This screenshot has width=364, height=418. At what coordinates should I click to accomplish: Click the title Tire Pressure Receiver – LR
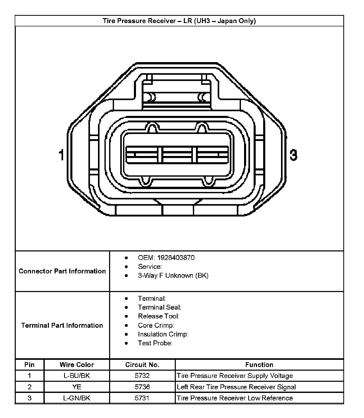(x=179, y=21)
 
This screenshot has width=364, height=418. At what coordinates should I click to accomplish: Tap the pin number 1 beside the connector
(x=61, y=155)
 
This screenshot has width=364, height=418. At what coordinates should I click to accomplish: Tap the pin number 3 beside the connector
(x=293, y=155)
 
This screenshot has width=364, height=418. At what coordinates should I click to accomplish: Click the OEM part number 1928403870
(x=176, y=258)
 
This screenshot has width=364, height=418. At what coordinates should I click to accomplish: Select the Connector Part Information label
(x=62, y=271)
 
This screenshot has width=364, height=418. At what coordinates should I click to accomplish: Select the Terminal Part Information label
(x=62, y=325)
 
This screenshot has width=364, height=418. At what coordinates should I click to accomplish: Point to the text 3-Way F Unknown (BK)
(x=173, y=275)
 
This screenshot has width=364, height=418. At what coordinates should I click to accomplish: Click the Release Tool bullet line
(x=158, y=316)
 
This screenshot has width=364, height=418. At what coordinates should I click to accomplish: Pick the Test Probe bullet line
(x=155, y=343)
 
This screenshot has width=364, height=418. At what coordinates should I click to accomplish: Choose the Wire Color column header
(x=77, y=365)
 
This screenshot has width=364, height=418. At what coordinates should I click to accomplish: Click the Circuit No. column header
(x=142, y=365)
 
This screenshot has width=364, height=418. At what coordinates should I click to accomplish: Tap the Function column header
(x=259, y=365)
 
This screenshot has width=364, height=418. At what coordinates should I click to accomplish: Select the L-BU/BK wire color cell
(x=77, y=376)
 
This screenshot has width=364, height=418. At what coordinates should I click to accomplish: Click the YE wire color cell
(x=77, y=387)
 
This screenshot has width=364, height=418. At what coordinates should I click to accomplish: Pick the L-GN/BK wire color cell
(x=77, y=398)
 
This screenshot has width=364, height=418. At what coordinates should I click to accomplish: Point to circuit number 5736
(x=142, y=387)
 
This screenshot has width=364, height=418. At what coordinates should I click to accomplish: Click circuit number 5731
(x=142, y=398)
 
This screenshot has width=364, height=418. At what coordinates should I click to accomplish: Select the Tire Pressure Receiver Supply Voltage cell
(x=235, y=376)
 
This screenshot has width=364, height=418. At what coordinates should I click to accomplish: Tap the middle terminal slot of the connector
(x=177, y=155)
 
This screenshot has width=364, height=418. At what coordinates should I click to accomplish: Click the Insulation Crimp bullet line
(x=163, y=334)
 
